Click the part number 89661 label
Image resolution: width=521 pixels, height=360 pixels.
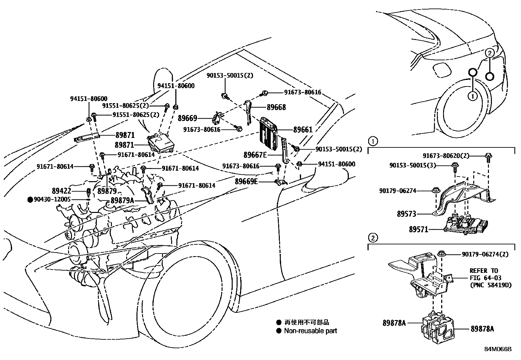click(303, 129)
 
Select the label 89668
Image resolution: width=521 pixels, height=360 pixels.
click(276, 107)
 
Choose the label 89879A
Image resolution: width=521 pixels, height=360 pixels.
click(122, 200)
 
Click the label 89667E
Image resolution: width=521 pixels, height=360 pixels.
click(255, 155)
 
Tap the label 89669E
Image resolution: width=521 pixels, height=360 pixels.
click(246, 181)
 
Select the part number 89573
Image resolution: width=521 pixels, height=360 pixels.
click(406, 214)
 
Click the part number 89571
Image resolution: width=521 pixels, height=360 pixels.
click(418, 230)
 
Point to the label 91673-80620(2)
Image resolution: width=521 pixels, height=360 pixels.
click(446, 156)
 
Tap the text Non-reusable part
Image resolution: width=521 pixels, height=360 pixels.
click(310, 331)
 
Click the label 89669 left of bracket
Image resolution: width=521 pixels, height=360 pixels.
click(187, 118)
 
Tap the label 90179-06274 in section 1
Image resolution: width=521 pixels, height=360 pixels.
click(398, 190)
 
